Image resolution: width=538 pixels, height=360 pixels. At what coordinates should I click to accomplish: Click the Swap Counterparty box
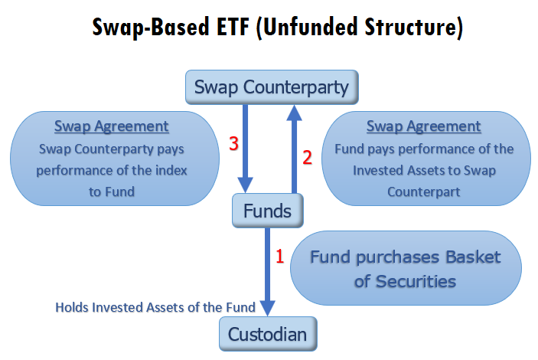pyautogui.click(x=272, y=87)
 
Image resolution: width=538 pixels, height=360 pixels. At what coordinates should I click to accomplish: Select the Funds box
pyautogui.click(x=268, y=211)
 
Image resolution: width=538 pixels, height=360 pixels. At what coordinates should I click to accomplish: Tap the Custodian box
pyautogui.click(x=268, y=334)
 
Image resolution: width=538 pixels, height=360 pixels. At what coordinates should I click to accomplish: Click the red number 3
pyautogui.click(x=233, y=143)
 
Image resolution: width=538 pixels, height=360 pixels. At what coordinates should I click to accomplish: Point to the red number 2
pyautogui.click(x=307, y=158)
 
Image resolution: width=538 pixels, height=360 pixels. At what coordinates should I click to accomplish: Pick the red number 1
pyautogui.click(x=280, y=257)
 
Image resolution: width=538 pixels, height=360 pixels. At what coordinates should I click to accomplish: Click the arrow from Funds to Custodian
pyautogui.click(x=268, y=272)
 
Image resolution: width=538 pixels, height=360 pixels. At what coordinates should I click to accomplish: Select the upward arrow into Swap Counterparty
pyautogui.click(x=294, y=149)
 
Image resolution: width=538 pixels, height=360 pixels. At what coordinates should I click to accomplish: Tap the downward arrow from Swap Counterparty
pyautogui.click(x=246, y=149)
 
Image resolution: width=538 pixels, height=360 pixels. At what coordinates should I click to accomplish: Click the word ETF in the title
pyautogui.click(x=233, y=27)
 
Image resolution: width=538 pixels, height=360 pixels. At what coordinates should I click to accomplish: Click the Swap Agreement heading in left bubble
pyautogui.click(x=112, y=126)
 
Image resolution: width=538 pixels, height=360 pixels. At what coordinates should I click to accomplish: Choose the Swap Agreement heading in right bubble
pyautogui.click(x=424, y=126)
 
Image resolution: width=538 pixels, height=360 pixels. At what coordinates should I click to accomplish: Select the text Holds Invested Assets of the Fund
pyautogui.click(x=155, y=307)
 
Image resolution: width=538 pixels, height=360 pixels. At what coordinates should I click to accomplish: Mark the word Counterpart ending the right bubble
pyautogui.click(x=424, y=192)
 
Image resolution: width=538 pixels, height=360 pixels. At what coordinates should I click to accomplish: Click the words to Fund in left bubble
pyautogui.click(x=112, y=192)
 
